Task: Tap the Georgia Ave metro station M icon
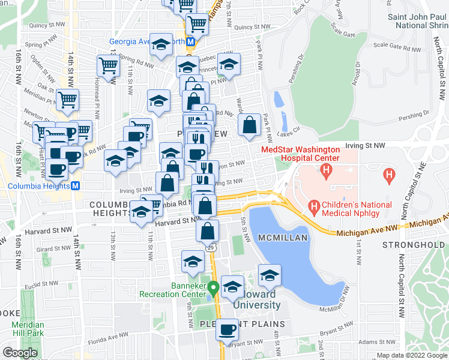191,42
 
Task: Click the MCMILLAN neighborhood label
283,238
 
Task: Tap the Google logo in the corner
20,353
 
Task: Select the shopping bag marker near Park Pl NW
249,125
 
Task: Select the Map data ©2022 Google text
411,355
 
